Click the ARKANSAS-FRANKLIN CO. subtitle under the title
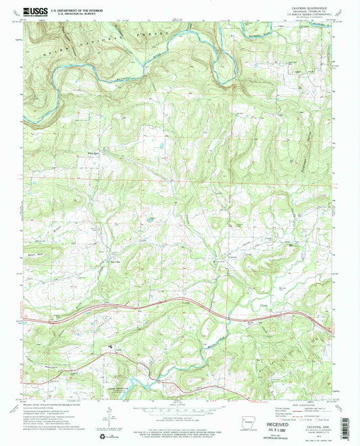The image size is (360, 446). point(295,13)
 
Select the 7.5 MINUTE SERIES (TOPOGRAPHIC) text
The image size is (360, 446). point(295,17)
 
